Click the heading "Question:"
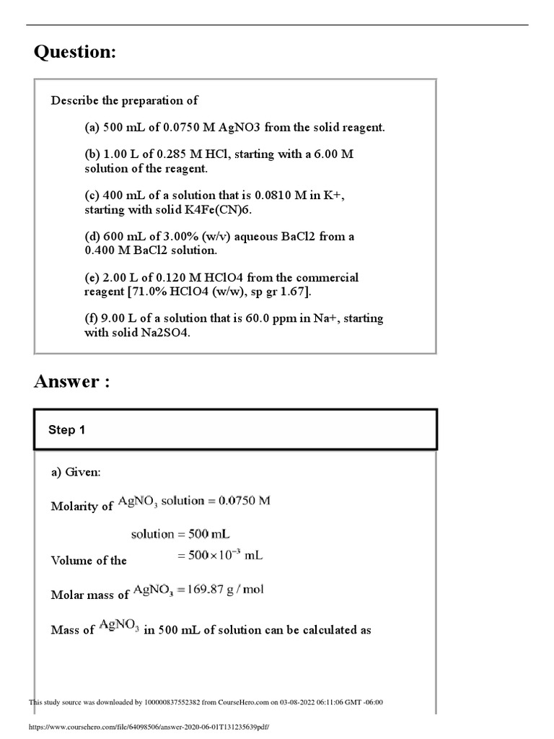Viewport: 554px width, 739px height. pyautogui.click(x=75, y=53)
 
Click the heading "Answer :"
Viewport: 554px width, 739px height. pyautogui.click(x=72, y=382)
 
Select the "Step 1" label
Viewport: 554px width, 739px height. pyautogui.click(x=66, y=430)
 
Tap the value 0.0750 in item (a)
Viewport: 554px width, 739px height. pyautogui.click(x=181, y=128)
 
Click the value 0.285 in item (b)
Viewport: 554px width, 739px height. pyautogui.click(x=167, y=155)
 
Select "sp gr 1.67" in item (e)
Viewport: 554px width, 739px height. pyautogui.click(x=280, y=292)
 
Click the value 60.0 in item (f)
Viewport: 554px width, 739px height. pyautogui.click(x=258, y=319)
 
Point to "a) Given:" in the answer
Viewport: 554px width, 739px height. pyautogui.click(x=76, y=472)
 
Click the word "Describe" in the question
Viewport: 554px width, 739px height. pyautogui.click(x=72, y=100)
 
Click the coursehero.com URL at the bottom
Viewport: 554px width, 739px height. pyautogui.click(x=148, y=727)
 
